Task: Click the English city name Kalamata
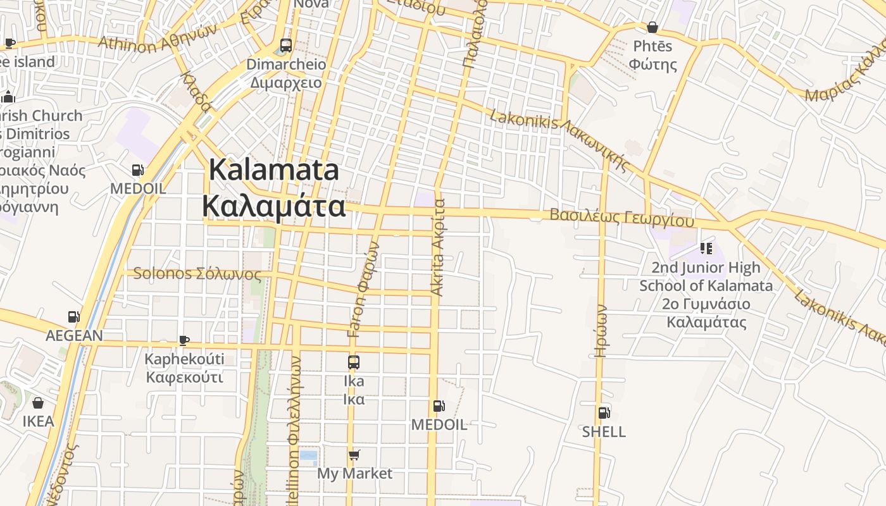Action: point(274,171)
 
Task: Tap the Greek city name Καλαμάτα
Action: point(274,206)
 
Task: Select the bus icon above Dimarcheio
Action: point(286,46)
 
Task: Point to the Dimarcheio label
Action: point(286,65)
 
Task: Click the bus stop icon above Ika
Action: point(354,362)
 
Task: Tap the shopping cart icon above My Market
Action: point(354,455)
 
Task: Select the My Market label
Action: point(354,473)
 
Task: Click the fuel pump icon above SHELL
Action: point(604,413)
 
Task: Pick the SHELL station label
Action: point(604,432)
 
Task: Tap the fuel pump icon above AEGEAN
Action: point(74,317)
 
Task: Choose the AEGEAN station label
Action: point(74,335)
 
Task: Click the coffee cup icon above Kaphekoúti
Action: point(184,340)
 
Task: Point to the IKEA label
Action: point(38,421)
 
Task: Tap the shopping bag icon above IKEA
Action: point(38,403)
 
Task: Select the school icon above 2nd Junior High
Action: point(706,249)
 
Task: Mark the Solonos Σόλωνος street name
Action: point(197,274)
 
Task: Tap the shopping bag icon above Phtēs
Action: point(652,27)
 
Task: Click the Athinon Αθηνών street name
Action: point(158,39)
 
